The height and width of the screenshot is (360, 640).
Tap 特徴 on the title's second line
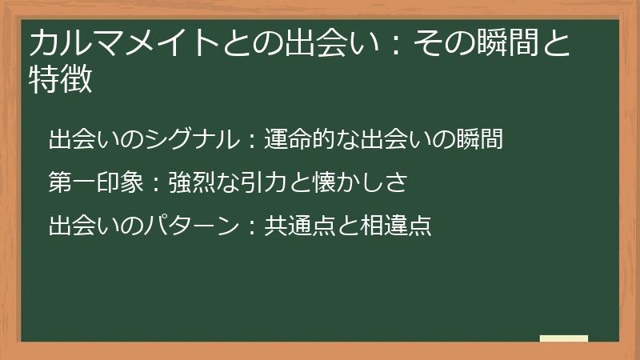61,80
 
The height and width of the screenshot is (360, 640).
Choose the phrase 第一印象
96,183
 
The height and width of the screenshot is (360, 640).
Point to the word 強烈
192,183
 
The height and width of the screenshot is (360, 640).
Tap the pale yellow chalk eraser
565,338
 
